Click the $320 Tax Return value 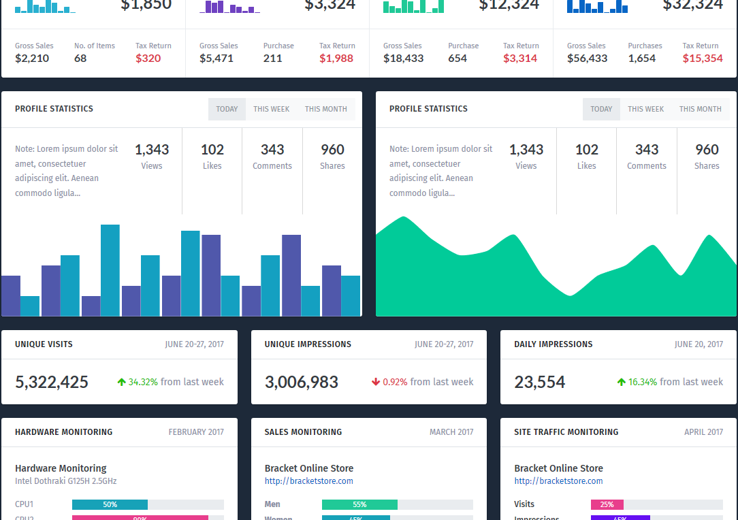(148, 59)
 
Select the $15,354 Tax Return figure (703, 59)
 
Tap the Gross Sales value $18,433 (403, 59)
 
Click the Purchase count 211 (273, 59)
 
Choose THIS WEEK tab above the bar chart (272, 109)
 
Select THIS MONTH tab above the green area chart (700, 109)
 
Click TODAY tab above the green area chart (601, 109)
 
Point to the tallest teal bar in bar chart (110, 270)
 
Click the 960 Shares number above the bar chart (333, 150)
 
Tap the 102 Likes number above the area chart (587, 150)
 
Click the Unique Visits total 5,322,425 (52, 383)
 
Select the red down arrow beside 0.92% (376, 383)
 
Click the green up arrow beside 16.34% (621, 383)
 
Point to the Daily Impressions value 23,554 (540, 383)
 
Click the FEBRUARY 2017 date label (196, 432)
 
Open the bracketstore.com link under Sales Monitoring (309, 481)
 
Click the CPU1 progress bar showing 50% (110, 505)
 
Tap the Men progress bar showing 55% (359, 505)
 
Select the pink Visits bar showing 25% (607, 505)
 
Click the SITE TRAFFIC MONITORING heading (566, 432)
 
